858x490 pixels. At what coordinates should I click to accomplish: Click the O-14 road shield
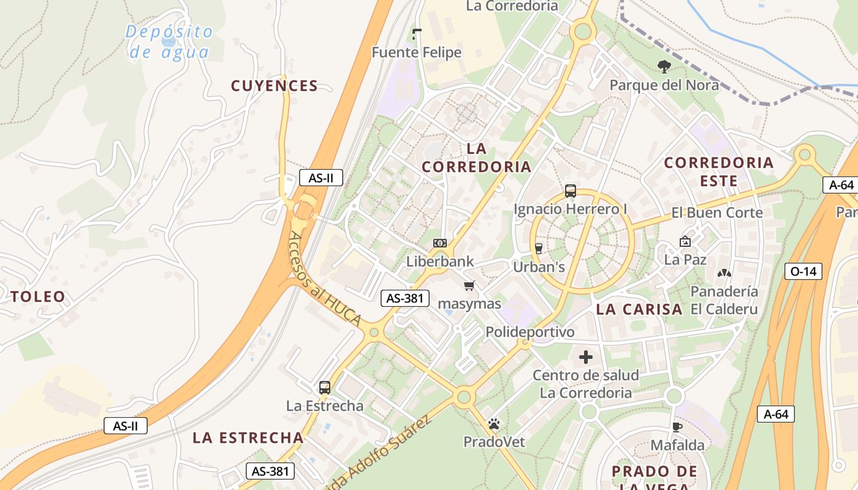[x=803, y=271]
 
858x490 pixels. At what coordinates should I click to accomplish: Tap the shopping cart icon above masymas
[x=469, y=285]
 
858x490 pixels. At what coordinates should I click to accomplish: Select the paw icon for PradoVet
[x=494, y=423]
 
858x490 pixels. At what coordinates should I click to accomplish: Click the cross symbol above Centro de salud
[x=586, y=356]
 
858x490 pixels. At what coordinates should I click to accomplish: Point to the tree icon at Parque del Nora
[x=664, y=66]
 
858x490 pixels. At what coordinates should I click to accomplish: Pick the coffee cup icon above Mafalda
[x=677, y=427]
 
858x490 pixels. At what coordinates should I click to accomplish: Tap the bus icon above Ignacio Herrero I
[x=571, y=191]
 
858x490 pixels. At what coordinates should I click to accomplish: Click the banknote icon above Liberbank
[x=440, y=243]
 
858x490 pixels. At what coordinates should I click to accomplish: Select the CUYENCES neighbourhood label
[x=275, y=86]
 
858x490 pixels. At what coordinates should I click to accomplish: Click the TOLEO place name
[x=38, y=297]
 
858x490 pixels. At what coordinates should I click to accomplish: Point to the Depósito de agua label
[x=170, y=42]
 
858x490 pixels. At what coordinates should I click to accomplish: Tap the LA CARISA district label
[x=639, y=309]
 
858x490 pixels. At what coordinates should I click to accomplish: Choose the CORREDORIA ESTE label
[x=719, y=171]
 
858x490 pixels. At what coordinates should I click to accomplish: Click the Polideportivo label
[x=530, y=332]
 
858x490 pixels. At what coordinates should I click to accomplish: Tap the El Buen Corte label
[x=717, y=213]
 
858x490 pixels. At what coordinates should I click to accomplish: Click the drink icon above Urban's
[x=539, y=248]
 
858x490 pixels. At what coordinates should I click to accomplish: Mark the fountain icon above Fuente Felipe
[x=417, y=34]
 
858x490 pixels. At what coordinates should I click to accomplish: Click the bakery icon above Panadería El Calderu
[x=724, y=273]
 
